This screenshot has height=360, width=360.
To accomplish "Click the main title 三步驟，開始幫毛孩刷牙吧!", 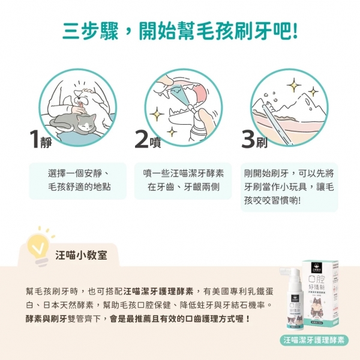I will tap(180, 29).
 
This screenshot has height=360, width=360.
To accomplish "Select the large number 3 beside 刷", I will tap(248, 139).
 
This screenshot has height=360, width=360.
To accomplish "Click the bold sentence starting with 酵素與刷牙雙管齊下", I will tap(138, 317).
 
